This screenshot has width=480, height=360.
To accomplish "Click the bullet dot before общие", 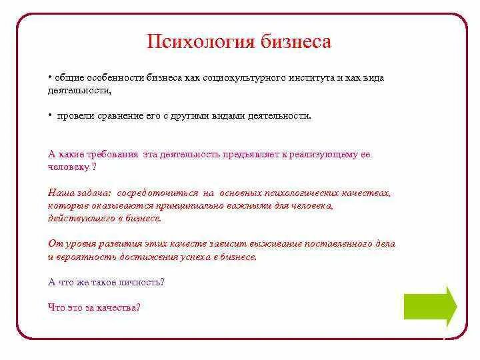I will [50, 78].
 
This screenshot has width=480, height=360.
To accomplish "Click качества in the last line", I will [117, 307].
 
